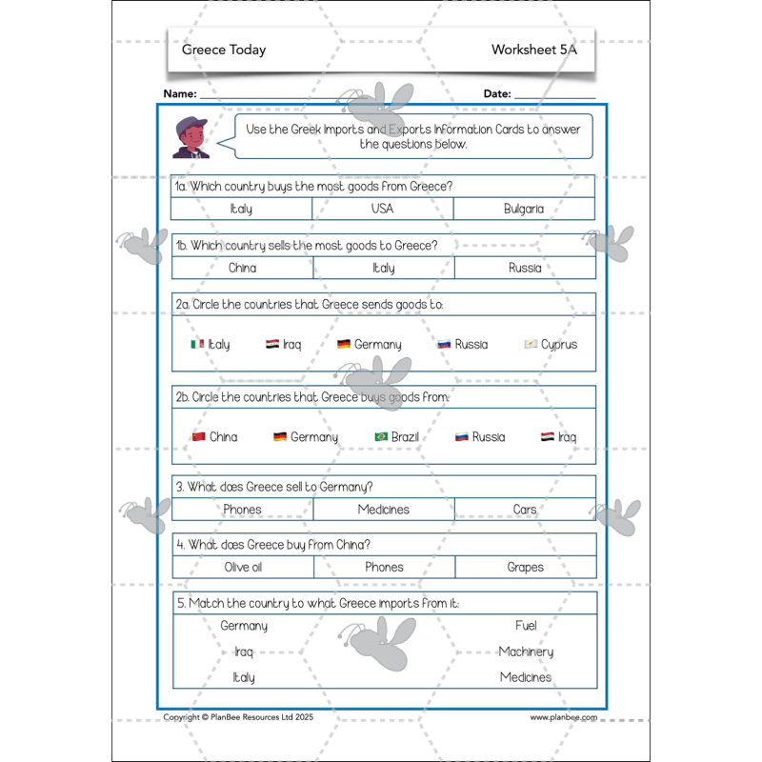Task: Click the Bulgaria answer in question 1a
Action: tap(524, 209)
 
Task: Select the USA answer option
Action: tap(382, 209)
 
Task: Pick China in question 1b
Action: tap(243, 268)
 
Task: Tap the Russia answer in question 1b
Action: tap(525, 268)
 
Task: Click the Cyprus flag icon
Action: tap(531, 344)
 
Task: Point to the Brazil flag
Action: tap(381, 437)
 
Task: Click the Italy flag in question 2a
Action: tap(197, 344)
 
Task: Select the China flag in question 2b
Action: tap(198, 437)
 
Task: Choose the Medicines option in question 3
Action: tap(384, 510)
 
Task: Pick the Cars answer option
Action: tap(525, 510)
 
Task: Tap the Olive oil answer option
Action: tap(243, 567)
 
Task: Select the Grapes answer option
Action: tap(525, 567)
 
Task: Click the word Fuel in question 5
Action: tap(526, 626)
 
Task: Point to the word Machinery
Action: tap(526, 652)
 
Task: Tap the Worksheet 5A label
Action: tap(534, 50)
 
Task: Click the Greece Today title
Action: tap(224, 50)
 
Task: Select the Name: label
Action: tap(180, 94)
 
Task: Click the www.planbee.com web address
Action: tap(564, 717)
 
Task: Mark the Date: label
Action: tap(497, 94)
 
